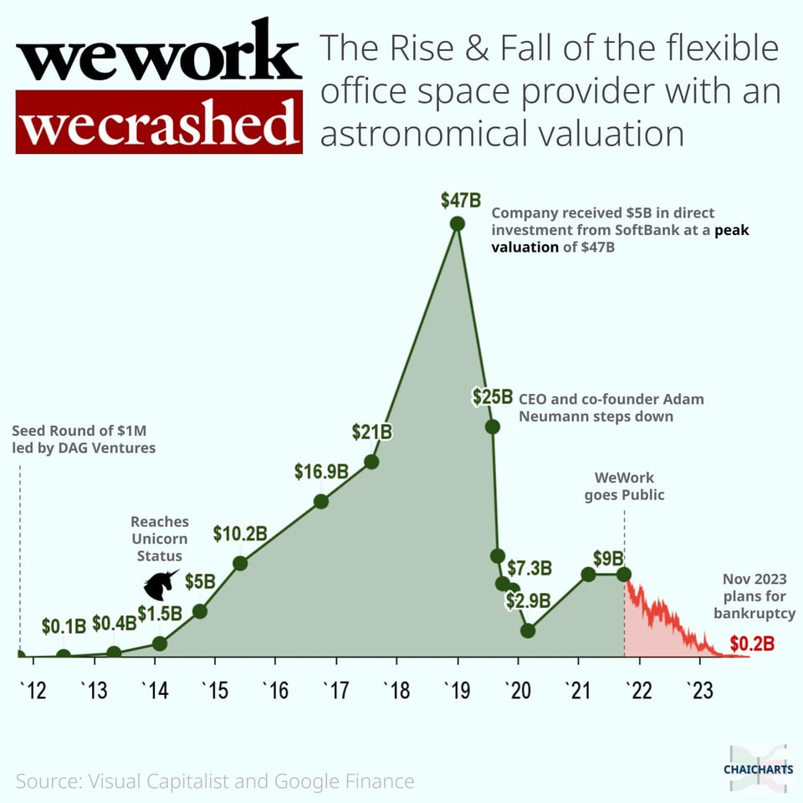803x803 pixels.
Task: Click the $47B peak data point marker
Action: [457, 223]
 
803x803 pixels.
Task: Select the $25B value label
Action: [492, 396]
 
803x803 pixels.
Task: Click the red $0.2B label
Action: [751, 644]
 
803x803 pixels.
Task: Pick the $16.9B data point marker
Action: [320, 502]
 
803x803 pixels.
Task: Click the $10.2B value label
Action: [239, 533]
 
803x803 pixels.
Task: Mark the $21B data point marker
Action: [371, 462]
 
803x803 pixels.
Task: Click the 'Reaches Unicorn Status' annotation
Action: [160, 539]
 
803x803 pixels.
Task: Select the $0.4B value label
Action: [114, 623]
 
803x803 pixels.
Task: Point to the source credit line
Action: [215, 781]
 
